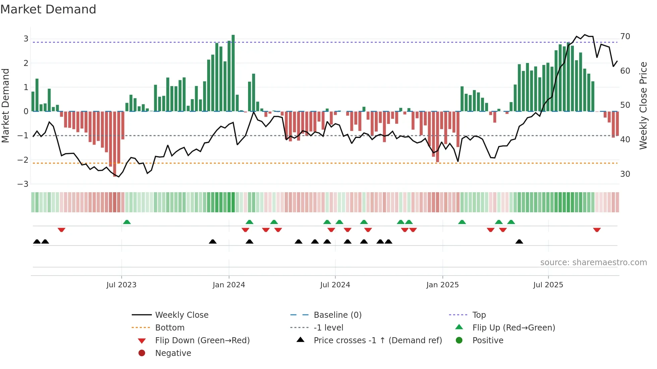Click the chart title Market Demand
pos(48,9)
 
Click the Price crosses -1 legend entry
pos(377,340)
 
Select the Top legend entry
pos(479,315)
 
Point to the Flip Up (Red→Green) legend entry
pos(514,327)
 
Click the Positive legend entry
pos(488,340)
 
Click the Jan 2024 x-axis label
pos(229,285)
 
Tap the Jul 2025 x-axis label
pos(548,285)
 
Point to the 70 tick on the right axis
pos(625,36)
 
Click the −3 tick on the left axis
pos(23,184)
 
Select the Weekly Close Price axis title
pos(643,105)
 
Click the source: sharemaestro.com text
pos(593,263)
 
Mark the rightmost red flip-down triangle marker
pos(597,230)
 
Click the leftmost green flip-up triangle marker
pos(127,222)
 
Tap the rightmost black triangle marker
pos(519,241)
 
